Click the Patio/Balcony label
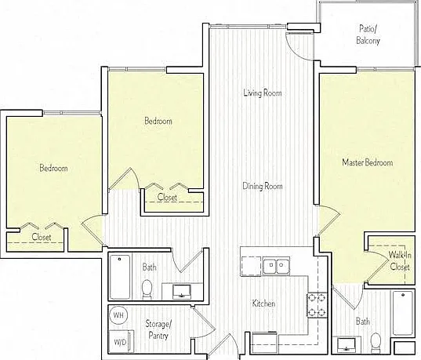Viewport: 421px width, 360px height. click(368, 35)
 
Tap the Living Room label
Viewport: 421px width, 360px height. click(263, 93)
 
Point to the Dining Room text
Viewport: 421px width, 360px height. click(263, 186)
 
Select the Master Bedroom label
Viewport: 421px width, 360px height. click(368, 162)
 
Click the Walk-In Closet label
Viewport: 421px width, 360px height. click(400, 260)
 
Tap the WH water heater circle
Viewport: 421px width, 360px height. click(118, 315)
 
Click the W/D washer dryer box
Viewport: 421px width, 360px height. click(121, 341)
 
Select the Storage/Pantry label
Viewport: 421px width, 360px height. click(158, 329)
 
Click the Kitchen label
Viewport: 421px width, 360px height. click(263, 304)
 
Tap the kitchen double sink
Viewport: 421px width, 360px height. click(276, 266)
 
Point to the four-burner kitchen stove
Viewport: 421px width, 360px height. click(317, 305)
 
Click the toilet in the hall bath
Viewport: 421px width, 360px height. click(147, 289)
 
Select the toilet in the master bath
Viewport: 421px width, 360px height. click(376, 342)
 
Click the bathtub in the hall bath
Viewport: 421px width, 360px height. click(120, 277)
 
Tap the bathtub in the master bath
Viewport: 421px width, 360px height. click(403, 313)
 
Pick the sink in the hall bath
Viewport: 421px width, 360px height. click(182, 292)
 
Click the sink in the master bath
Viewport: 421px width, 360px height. click(347, 346)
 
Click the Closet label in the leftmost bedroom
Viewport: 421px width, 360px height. click(42, 237)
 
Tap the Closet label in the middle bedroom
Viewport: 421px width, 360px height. click(167, 197)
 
